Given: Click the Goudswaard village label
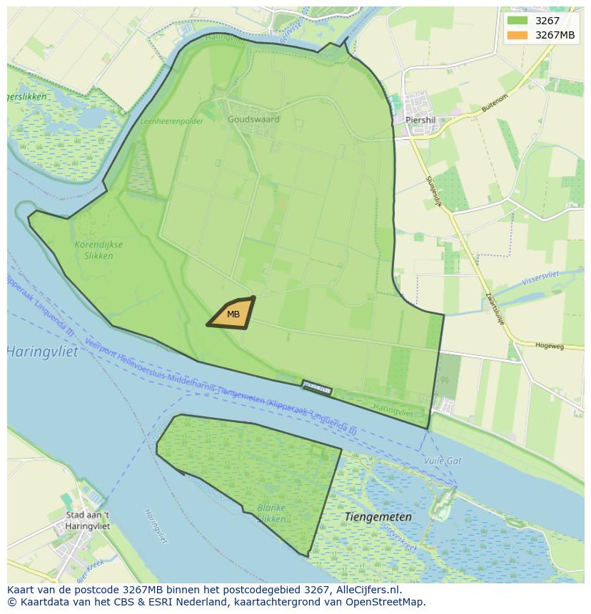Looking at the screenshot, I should pyautogui.click(x=253, y=120).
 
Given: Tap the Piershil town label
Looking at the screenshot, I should pyautogui.click(x=420, y=121).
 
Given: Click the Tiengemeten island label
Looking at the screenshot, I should pyautogui.click(x=378, y=516).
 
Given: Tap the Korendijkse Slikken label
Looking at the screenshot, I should pyautogui.click(x=98, y=250).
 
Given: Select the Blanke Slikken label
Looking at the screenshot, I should pyautogui.click(x=271, y=513).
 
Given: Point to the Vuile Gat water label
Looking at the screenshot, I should pyautogui.click(x=443, y=461).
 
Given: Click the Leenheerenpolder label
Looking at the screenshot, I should pyautogui.click(x=171, y=121).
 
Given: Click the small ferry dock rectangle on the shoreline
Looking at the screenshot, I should pyautogui.click(x=317, y=388).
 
